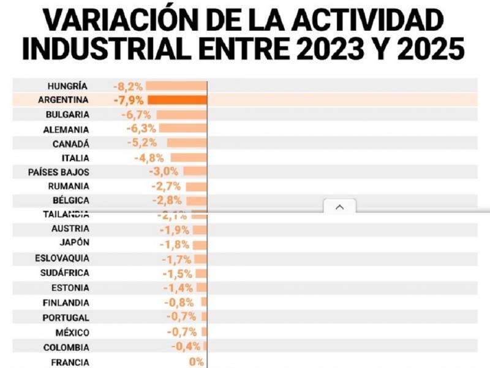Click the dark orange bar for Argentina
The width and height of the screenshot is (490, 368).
pos(178,100)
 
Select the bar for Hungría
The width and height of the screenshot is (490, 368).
pos(176,86)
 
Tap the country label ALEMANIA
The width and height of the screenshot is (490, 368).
pos(66,129)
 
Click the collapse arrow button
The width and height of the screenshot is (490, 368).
pos(340,207)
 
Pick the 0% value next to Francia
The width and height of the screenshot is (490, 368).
pos(197,362)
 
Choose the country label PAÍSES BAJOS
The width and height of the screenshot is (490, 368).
pos(59,172)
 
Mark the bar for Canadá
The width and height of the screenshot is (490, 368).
pos(187,144)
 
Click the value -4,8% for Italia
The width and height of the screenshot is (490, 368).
pos(149,158)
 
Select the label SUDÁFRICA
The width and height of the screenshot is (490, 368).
pos(65,273)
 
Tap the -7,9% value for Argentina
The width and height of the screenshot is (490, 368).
pos(128,100)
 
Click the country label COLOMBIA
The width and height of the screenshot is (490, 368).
pos(66,347)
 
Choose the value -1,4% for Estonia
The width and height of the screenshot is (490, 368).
pos(178,288)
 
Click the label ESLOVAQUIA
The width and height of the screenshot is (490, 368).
pos(61,258)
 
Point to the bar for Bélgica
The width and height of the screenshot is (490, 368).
pos(197,201)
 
